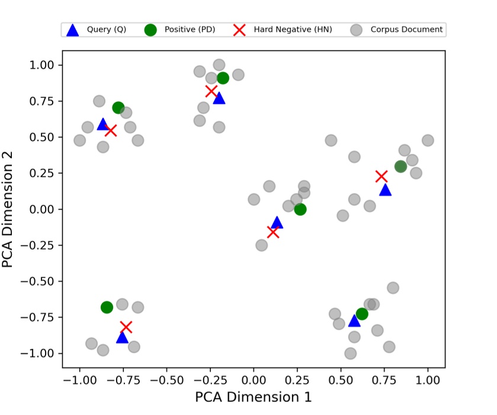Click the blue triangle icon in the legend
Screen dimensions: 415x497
click(72, 30)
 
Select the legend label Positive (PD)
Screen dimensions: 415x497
click(190, 30)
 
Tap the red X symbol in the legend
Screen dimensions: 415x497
click(239, 30)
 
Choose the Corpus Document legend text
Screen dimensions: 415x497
click(406, 30)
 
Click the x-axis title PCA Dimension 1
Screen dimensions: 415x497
click(253, 397)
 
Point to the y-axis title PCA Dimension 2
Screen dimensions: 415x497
click(8, 209)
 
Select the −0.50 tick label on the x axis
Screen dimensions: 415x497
click(166, 376)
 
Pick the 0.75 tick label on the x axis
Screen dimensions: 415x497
click(384, 376)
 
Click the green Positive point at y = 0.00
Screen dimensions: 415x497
click(300, 209)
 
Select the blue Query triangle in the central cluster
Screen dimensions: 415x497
click(277, 223)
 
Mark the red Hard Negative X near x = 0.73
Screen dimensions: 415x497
click(381, 176)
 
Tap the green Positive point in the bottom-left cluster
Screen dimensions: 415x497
click(107, 307)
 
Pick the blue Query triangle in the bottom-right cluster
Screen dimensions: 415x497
click(354, 321)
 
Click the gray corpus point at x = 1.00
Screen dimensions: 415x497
click(428, 141)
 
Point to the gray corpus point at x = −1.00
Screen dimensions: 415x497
click(79, 141)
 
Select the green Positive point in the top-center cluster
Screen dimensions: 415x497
click(223, 78)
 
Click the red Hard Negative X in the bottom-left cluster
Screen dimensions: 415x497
click(126, 327)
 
